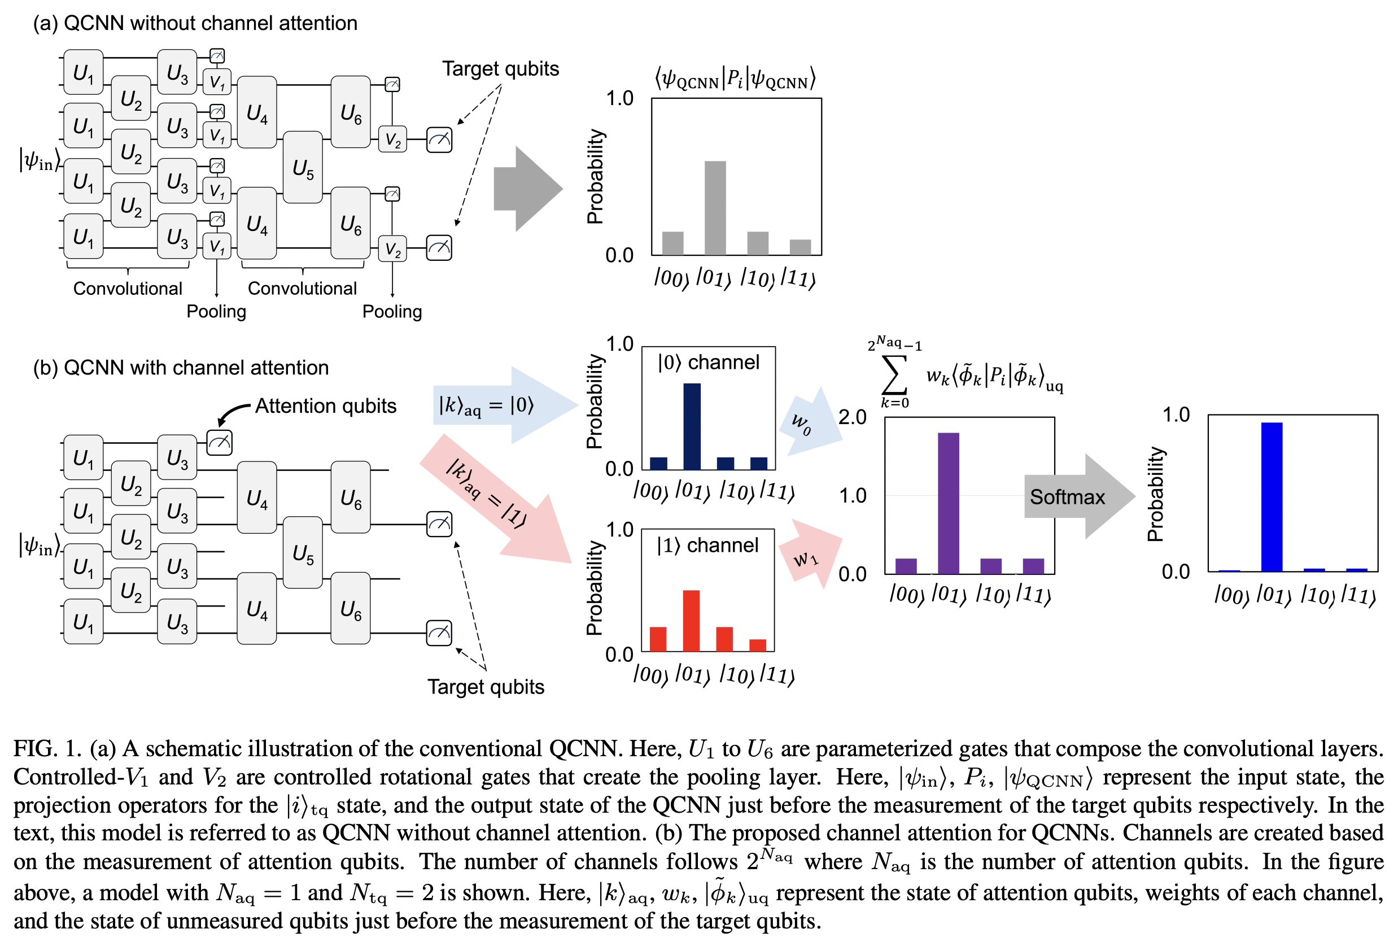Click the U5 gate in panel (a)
303,168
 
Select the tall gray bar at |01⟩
715,208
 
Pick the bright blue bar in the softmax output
1272,497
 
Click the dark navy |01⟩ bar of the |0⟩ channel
691,426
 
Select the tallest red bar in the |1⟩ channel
691,621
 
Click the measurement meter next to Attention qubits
219,443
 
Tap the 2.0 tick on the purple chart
851,417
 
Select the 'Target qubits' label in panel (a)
500,68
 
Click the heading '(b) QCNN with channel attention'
181,367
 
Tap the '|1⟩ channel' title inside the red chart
707,545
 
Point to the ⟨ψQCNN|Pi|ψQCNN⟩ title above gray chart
735,78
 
